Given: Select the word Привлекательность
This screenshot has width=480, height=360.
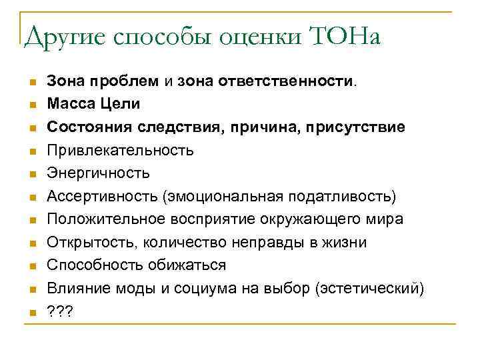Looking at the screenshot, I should click(x=120, y=151).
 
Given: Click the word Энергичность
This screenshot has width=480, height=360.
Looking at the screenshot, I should click(x=98, y=173).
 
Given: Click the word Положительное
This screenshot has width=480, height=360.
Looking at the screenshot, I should click(x=109, y=219).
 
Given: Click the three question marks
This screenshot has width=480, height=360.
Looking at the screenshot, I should click(x=60, y=311).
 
